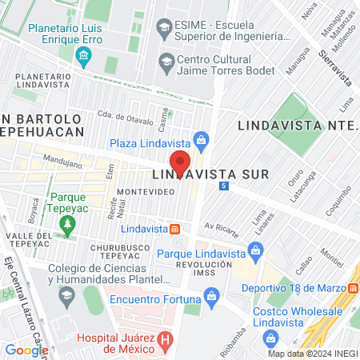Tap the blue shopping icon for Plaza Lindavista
(x=202, y=142)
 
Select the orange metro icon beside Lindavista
(x=175, y=229)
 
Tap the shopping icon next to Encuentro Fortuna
(x=211, y=299)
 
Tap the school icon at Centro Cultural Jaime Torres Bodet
(x=166, y=60)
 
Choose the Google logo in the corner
(x=26, y=350)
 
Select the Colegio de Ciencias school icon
(x=66, y=295)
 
